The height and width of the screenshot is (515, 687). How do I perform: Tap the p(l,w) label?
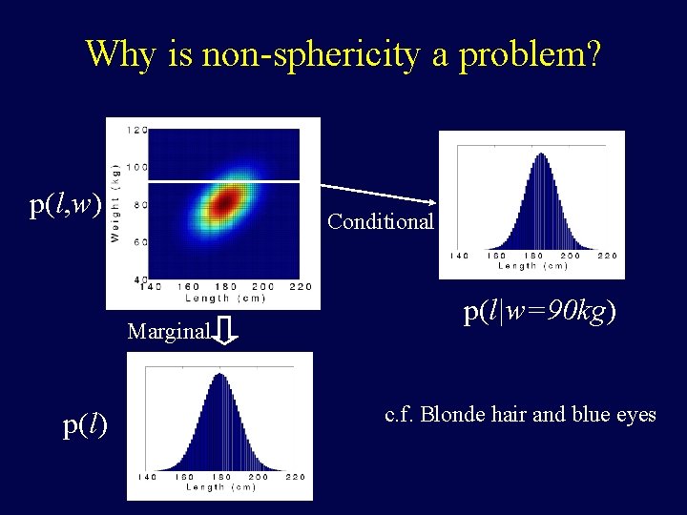65,203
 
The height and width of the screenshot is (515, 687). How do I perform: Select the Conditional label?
380,222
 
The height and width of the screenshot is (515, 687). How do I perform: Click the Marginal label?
168,332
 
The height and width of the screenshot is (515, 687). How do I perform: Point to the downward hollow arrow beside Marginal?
227,331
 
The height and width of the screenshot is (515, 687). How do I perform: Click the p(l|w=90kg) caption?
539,312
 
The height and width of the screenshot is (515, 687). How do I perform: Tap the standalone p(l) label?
85,425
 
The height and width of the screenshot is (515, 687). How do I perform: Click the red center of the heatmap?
224,202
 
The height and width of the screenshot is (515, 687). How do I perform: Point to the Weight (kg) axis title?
115,205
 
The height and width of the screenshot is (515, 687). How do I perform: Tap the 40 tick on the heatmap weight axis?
140,278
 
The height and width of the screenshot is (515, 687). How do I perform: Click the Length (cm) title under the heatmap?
224,299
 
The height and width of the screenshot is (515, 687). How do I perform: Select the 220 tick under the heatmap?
300,287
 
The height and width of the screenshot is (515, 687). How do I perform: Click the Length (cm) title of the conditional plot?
531,266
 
